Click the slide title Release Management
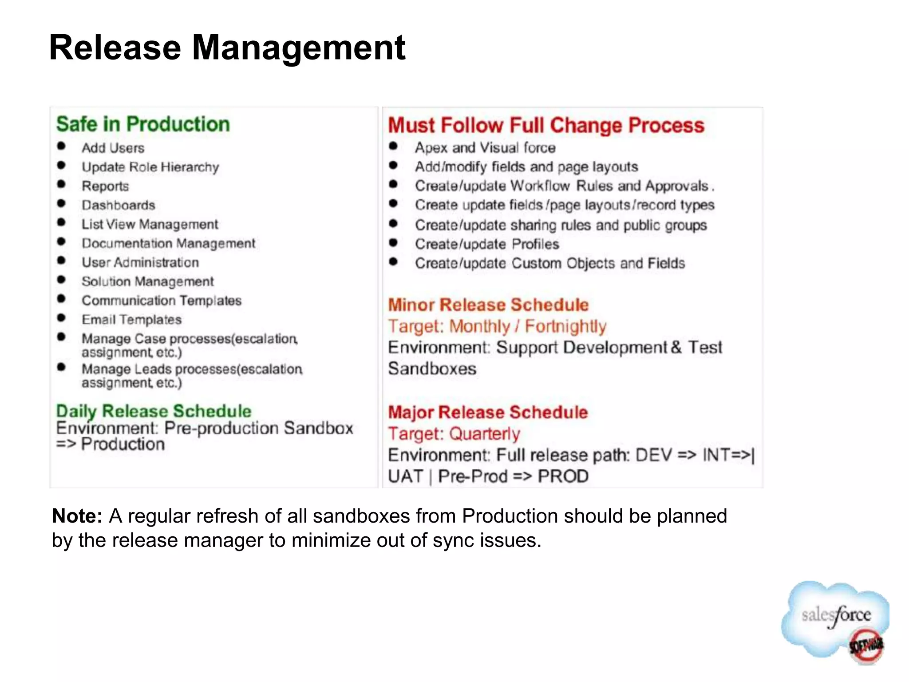tap(227, 48)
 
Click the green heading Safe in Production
tap(143, 124)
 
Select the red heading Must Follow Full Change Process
tap(546, 125)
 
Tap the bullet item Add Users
tap(113, 148)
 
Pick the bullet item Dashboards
tap(118, 205)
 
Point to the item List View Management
tap(150, 224)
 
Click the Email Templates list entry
tap(131, 320)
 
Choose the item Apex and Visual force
tap(485, 147)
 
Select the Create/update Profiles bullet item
tap(487, 244)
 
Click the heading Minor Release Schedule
tap(488, 305)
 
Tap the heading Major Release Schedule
tap(488, 412)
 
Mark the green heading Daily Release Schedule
tap(154, 411)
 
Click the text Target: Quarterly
tap(454, 434)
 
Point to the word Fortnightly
tap(565, 326)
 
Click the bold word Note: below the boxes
tap(77, 516)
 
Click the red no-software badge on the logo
tap(866, 646)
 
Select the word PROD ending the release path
tap(563, 476)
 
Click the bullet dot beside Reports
tap(62, 184)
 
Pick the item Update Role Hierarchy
tap(150, 167)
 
